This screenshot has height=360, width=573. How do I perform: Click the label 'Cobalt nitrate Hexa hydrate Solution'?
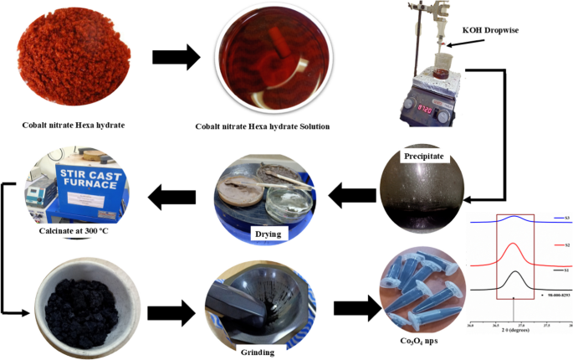(x=263, y=126)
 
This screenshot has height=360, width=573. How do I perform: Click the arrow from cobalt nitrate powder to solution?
(x=176, y=58)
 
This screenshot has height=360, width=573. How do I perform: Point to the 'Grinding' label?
(x=257, y=352)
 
